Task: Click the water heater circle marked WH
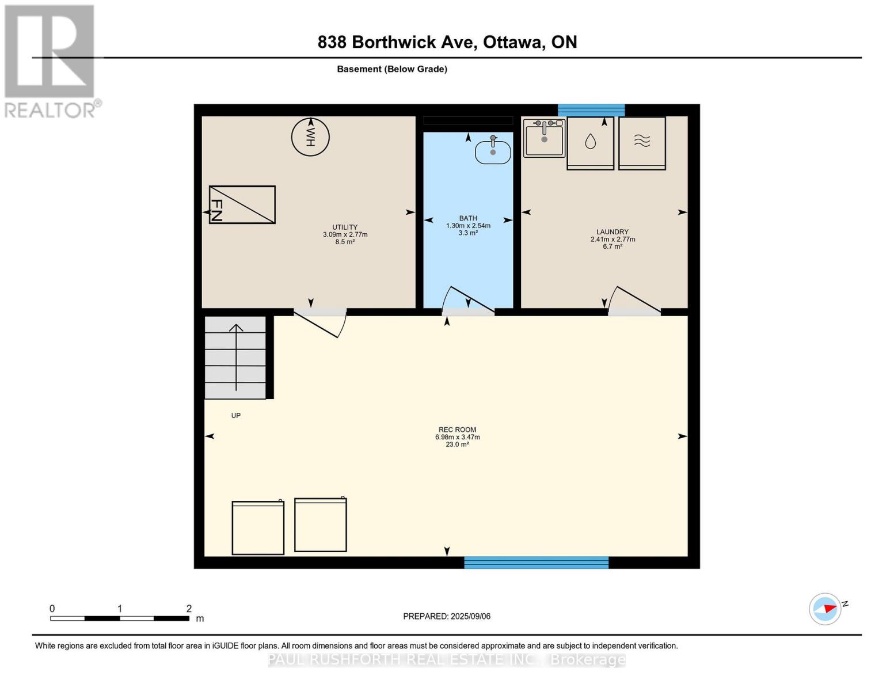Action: click(310, 137)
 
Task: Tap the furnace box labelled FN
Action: click(242, 204)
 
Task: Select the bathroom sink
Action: click(492, 151)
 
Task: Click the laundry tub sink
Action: click(544, 138)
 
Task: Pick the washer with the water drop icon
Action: click(590, 143)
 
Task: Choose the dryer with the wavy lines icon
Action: click(642, 143)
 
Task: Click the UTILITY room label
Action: click(345, 234)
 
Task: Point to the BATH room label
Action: click(468, 225)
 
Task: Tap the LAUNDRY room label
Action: click(613, 239)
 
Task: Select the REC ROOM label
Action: click(457, 436)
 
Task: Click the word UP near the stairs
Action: click(236, 416)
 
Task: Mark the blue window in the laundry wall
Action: click(591, 111)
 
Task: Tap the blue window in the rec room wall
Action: click(536, 562)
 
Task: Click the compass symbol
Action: click(825, 609)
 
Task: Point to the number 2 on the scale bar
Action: click(189, 608)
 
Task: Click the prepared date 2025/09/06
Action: click(470, 616)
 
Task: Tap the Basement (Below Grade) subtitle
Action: click(392, 69)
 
